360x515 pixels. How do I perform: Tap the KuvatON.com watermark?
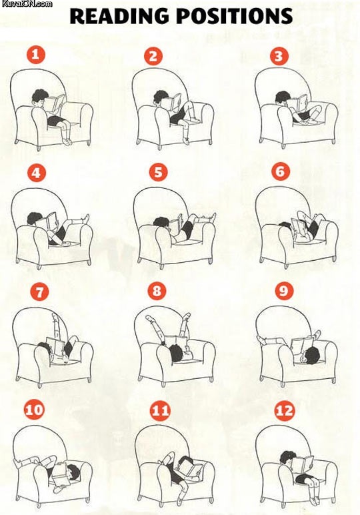point(27,5)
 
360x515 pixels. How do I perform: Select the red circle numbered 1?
point(35,55)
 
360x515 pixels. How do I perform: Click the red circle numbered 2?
point(155,56)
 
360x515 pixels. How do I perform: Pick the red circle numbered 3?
point(279,55)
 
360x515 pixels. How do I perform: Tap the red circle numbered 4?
point(36,173)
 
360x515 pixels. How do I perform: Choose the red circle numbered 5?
point(157,172)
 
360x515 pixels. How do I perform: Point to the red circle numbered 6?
point(280,171)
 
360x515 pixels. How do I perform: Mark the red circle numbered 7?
point(38,292)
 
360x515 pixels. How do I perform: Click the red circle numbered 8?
point(157,292)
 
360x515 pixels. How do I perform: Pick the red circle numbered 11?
point(161,410)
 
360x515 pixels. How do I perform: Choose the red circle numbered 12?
point(285,410)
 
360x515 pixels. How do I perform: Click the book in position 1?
point(57,105)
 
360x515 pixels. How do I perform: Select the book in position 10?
point(59,476)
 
